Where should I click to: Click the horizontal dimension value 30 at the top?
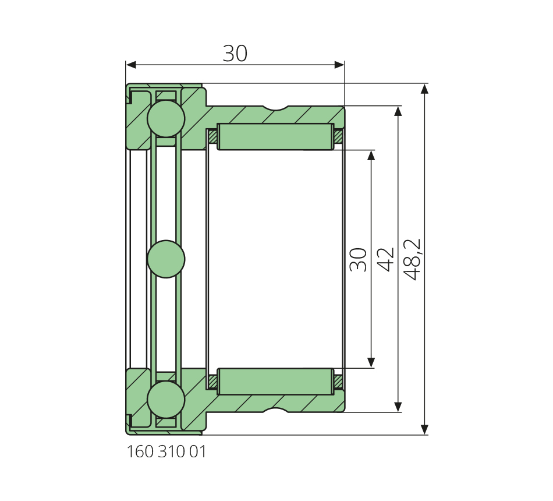(x=235, y=54)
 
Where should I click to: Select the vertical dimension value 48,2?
(x=412, y=259)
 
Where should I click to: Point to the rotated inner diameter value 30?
(x=359, y=259)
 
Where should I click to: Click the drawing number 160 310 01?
(x=166, y=451)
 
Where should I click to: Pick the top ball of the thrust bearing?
(x=166, y=119)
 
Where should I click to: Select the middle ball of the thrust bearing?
(x=166, y=259)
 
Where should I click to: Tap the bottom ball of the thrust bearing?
(x=166, y=399)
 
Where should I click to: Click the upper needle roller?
(x=275, y=137)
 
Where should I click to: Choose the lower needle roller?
(x=275, y=382)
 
